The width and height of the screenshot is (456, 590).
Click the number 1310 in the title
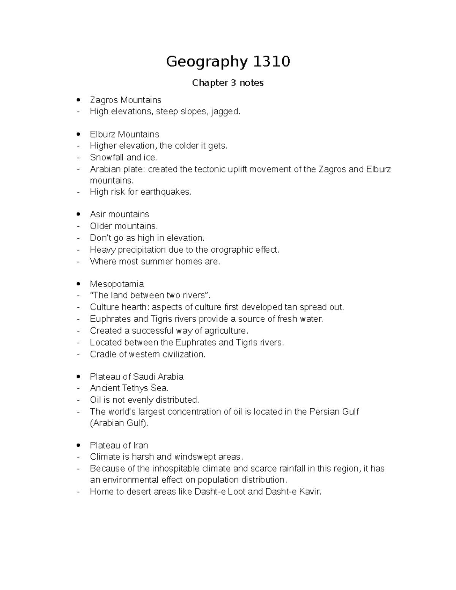click(271, 61)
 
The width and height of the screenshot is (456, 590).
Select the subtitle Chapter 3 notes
click(228, 83)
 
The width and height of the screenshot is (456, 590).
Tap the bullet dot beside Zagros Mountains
click(78, 100)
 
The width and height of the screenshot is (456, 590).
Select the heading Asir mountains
click(119, 214)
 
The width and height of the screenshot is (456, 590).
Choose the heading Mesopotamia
click(117, 284)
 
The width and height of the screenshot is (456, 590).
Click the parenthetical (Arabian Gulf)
click(119, 423)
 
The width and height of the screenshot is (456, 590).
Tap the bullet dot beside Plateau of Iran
click(78, 445)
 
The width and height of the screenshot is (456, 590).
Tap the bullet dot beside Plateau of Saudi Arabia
click(78, 377)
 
